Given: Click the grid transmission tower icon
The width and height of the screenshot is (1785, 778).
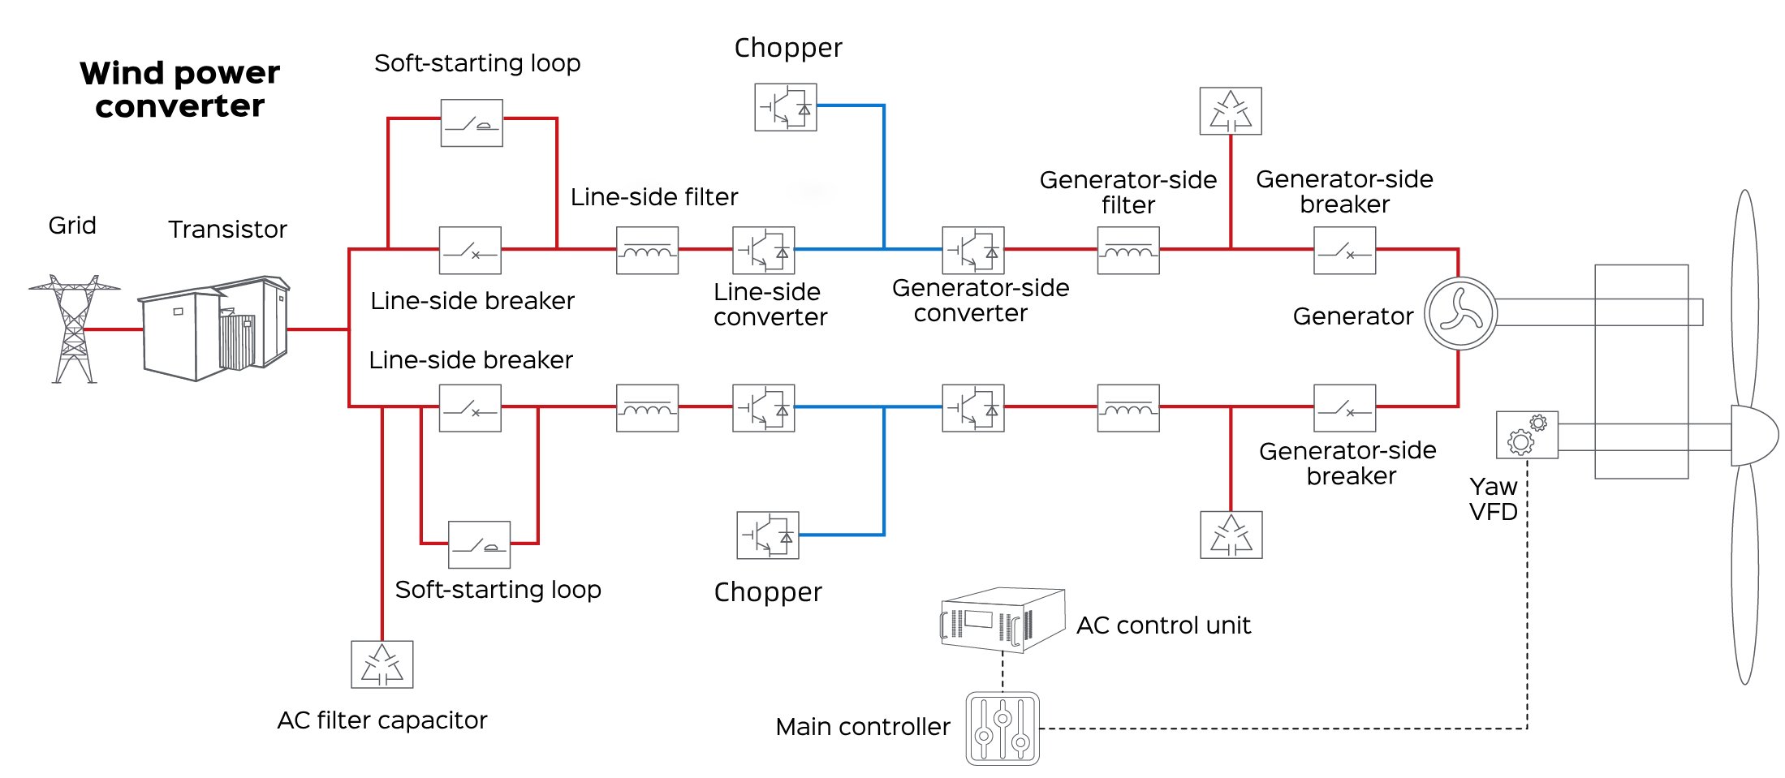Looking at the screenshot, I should coord(74,329).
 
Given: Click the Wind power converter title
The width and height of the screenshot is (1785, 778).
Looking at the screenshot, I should coord(179,89).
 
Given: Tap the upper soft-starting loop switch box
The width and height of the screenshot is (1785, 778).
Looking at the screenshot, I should coord(472,123).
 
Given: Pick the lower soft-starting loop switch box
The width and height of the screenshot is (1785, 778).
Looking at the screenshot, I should coord(479,544).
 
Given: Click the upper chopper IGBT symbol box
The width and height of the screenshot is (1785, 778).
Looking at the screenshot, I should coord(785,107).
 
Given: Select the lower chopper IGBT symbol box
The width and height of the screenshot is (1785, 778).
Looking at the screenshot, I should coord(767,535).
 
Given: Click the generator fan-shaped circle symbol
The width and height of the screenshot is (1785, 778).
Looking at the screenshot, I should coord(1460,313).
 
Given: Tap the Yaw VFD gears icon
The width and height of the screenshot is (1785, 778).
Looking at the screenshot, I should coord(1526,435).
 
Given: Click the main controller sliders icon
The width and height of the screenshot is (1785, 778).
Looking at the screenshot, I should coord(1002,728).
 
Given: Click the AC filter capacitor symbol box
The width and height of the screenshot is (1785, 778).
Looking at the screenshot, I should coord(382,664).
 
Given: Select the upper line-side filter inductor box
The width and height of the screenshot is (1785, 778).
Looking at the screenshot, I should coord(647,251).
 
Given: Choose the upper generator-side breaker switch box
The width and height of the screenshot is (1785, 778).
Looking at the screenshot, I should coord(1344,251).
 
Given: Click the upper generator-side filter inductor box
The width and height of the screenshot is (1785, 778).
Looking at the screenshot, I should coord(1127,251).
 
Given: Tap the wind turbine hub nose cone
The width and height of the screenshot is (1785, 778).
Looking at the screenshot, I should coord(1753,436).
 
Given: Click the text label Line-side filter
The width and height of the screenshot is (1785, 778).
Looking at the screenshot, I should coord(654,197).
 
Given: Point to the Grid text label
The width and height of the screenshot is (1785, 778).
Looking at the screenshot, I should coord(72,226).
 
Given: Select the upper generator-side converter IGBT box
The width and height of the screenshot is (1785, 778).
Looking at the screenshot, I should coord(972,251).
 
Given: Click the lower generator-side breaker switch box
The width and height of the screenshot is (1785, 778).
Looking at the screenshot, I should coord(1344,408).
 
